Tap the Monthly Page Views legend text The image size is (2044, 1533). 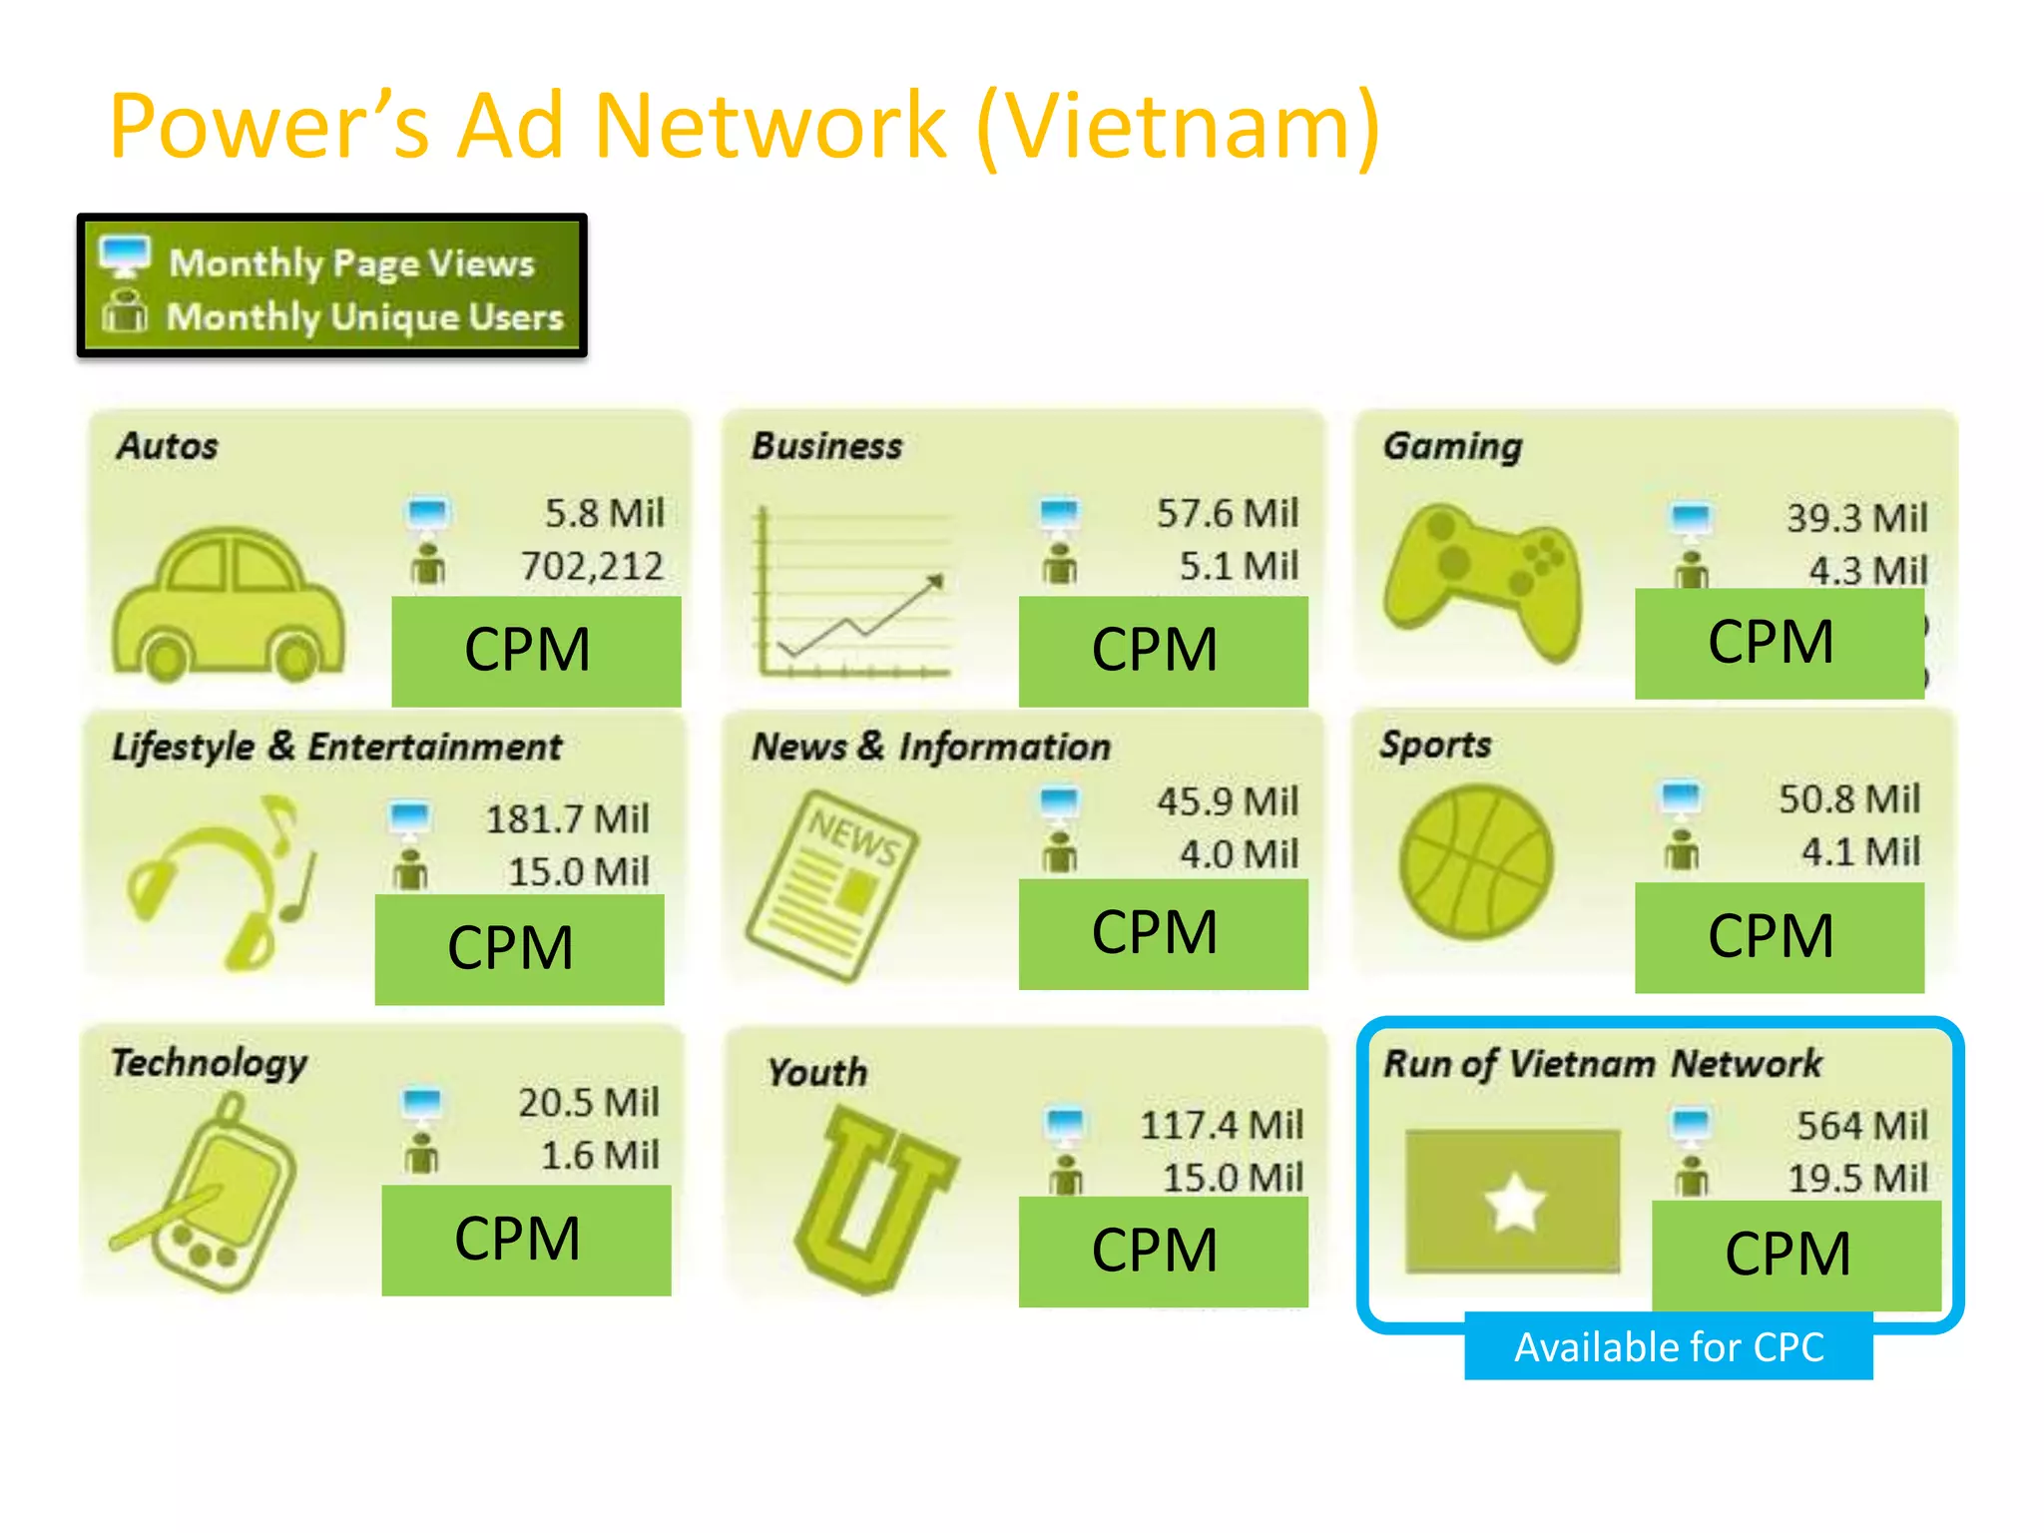[x=351, y=263]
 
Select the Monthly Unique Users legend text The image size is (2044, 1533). [x=364, y=316]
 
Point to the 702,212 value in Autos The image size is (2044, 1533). [x=592, y=566]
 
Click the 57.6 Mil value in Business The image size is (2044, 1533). [x=1227, y=513]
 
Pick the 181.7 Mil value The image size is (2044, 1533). [x=567, y=818]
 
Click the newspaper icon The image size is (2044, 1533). [x=832, y=884]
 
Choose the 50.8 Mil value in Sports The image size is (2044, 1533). [x=1848, y=798]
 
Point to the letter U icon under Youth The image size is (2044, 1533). [x=873, y=1198]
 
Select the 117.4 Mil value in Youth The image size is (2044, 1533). [x=1221, y=1125]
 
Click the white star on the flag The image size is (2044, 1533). [x=1514, y=1202]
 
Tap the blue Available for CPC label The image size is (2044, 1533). [x=1668, y=1347]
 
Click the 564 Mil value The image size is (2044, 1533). [x=1861, y=1125]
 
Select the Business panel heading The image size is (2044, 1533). [x=826, y=446]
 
